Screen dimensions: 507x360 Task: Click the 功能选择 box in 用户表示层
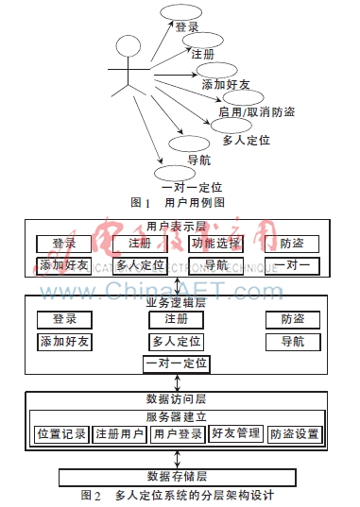tap(215, 244)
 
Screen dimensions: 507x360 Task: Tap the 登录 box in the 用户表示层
tap(64, 244)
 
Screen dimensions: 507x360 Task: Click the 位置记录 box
tap(61, 434)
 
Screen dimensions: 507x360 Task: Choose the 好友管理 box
tap(235, 434)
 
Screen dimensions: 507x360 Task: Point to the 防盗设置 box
tap(294, 434)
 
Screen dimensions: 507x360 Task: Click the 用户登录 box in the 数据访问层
tap(178, 434)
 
